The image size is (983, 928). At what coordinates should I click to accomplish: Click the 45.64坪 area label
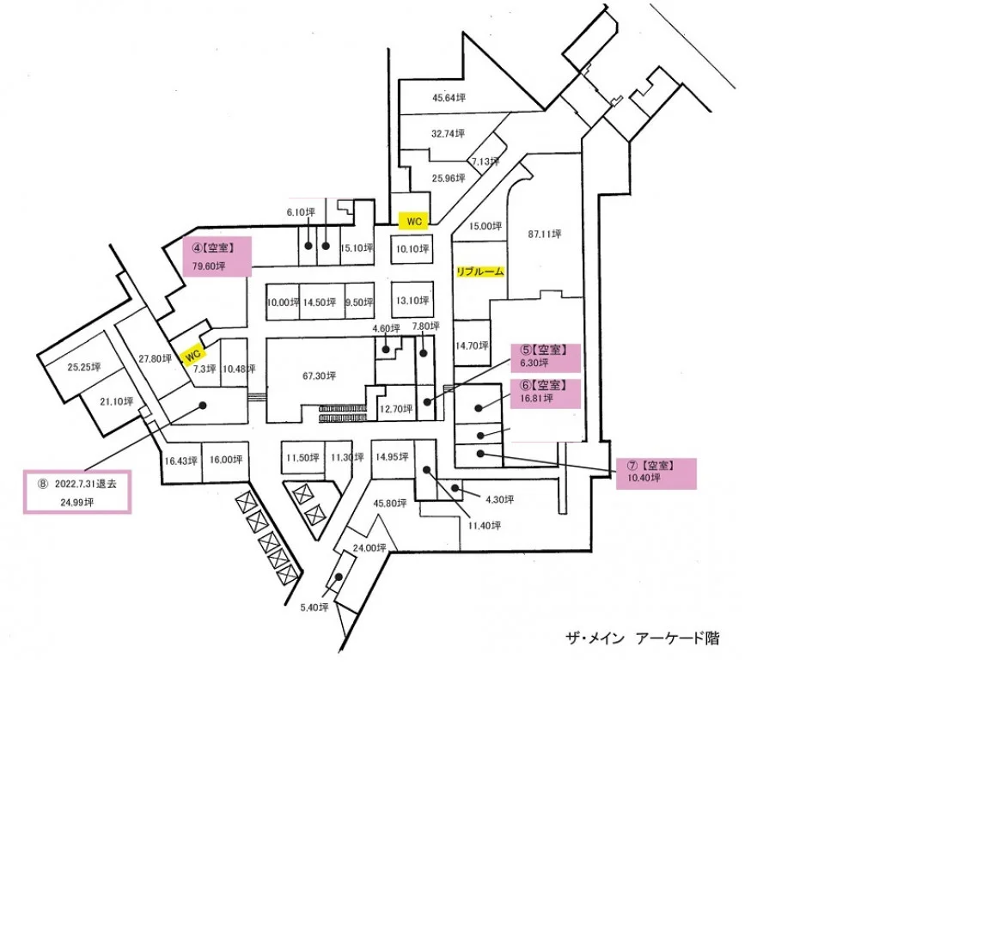pos(449,98)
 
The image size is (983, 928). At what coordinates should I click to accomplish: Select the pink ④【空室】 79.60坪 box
pos(216,256)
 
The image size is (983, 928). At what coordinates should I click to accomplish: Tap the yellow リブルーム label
pos(479,271)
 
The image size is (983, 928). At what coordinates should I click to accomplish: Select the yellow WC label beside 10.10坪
pos(414,222)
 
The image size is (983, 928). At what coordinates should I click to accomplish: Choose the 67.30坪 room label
pos(320,375)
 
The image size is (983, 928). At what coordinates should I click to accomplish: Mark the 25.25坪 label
pos(84,367)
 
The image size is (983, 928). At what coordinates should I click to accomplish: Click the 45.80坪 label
pos(389,503)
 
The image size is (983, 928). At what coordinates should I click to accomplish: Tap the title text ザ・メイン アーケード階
pos(641,638)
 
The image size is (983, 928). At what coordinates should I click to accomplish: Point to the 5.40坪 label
pos(314,607)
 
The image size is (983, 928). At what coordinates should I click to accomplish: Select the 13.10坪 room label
pos(411,301)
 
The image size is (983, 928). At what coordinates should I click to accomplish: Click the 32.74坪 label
pos(448,133)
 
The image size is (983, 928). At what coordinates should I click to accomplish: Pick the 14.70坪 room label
pos(472,345)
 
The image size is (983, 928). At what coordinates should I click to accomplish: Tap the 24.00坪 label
pos(371,548)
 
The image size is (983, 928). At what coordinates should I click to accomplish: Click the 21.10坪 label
pos(116,401)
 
